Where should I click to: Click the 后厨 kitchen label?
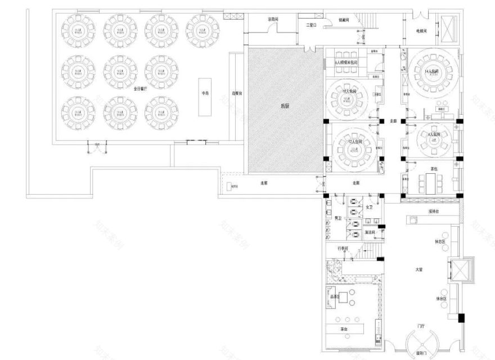[285, 105]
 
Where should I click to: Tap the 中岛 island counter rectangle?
[204, 94]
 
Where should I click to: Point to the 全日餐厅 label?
[140, 88]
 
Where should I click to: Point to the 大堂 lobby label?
[418, 270]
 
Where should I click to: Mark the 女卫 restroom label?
[369, 208]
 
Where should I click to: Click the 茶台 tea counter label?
[343, 328]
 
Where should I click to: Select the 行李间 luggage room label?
[343, 248]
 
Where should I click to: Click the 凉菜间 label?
[273, 20]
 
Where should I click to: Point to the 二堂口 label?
[311, 25]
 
